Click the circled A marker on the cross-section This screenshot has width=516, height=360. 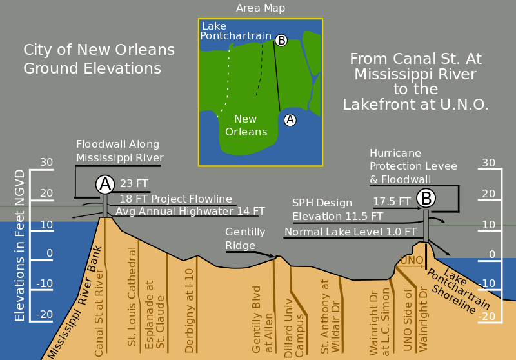pyautogui.click(x=105, y=185)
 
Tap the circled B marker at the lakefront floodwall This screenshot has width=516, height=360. pyautogui.click(x=426, y=197)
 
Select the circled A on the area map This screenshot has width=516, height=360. pyautogui.click(x=290, y=119)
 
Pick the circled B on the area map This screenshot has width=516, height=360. pyautogui.click(x=281, y=41)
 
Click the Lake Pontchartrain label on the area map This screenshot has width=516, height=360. pyautogui.click(x=235, y=31)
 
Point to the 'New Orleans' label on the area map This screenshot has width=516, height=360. pyautogui.click(x=246, y=125)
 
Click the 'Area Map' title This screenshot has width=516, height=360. pyautogui.click(x=261, y=8)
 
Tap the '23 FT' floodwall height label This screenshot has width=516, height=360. pyautogui.click(x=135, y=183)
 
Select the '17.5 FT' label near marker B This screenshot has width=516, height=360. pyautogui.click(x=392, y=201)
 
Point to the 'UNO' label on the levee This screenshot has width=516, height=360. pyautogui.click(x=411, y=260)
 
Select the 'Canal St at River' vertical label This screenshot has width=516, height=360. pyautogui.click(x=99, y=312)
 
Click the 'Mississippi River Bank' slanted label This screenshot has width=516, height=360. pyautogui.click(x=75, y=303)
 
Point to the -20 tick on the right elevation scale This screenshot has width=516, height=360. pyautogui.click(x=488, y=316)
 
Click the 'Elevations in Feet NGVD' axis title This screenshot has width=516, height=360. pyautogui.click(x=20, y=245)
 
